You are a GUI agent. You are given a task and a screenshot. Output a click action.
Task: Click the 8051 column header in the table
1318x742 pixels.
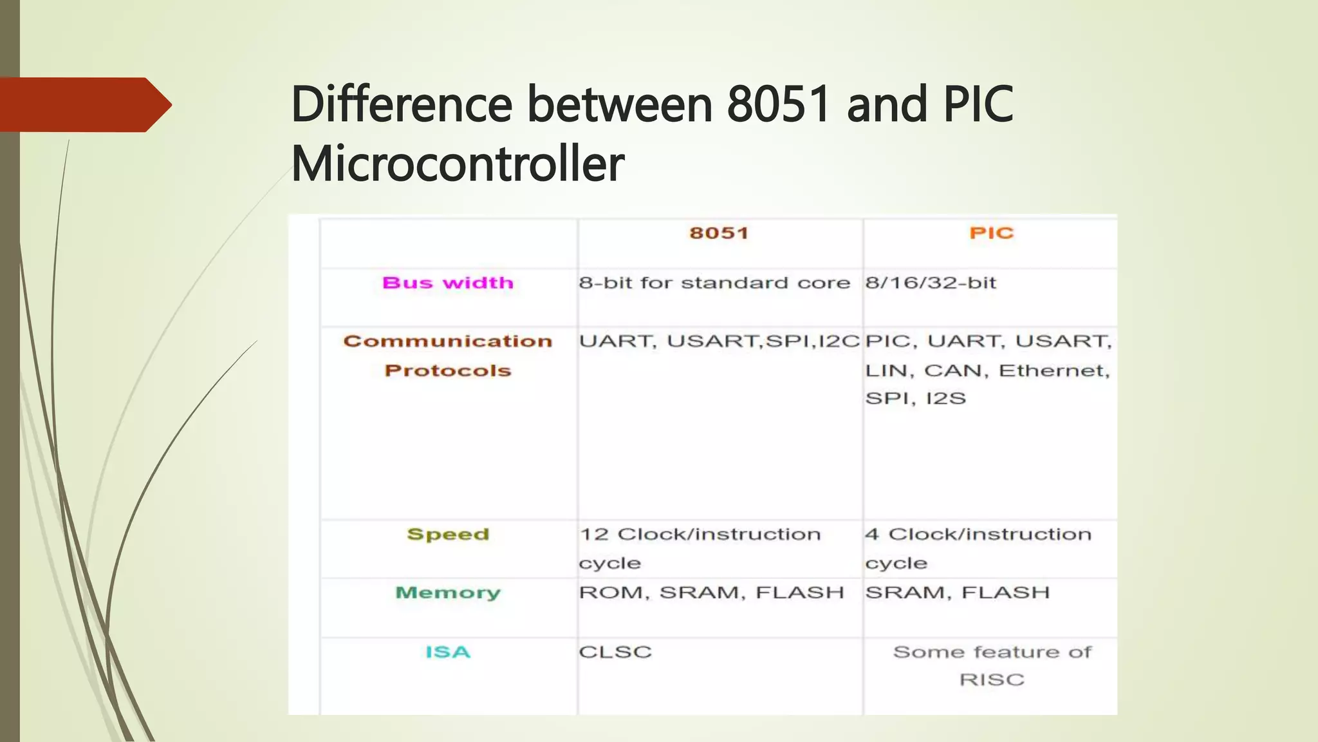(719, 233)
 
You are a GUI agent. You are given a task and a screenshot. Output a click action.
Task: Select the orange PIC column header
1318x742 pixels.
(991, 233)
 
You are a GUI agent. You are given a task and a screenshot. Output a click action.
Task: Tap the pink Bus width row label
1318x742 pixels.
(448, 283)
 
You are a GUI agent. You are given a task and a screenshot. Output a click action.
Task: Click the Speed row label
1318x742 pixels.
(448, 534)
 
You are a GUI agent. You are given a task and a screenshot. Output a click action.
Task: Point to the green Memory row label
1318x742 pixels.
(448, 593)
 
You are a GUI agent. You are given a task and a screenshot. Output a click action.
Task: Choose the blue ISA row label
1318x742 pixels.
(448, 652)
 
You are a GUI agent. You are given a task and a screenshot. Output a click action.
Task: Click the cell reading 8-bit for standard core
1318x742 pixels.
(714, 283)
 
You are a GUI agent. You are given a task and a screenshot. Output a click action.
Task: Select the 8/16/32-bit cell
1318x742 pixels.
(931, 283)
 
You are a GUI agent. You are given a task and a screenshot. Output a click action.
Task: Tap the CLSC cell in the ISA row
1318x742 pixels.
(615, 652)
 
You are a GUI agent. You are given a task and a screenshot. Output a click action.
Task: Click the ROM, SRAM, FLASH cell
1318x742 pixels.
(711, 593)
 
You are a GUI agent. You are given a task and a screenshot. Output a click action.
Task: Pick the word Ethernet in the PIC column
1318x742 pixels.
(1053, 370)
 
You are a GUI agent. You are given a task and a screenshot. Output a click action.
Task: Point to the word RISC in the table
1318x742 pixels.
(991, 680)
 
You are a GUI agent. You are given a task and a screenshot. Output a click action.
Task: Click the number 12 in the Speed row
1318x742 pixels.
(594, 534)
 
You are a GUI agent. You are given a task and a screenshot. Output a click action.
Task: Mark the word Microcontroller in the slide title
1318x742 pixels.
(458, 164)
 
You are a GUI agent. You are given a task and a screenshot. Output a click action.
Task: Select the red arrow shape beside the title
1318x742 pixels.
(84, 104)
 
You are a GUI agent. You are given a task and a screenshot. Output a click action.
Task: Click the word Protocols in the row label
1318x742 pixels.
(448, 370)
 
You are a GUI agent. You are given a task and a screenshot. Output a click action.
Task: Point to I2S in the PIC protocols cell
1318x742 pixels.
(945, 398)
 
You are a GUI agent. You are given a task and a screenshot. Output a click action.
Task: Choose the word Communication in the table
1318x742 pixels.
(448, 341)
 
